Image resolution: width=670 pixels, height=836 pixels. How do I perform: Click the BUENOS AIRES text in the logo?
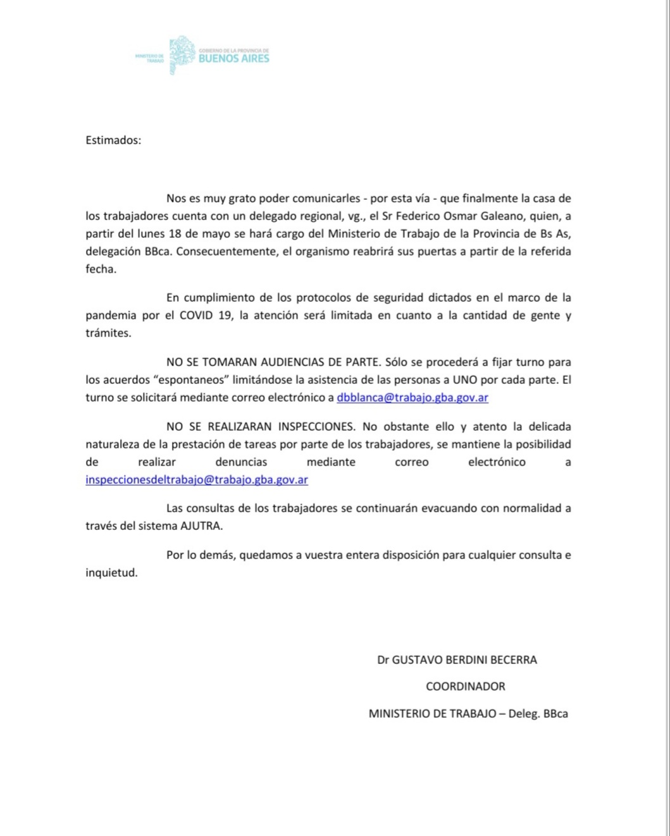click(x=233, y=59)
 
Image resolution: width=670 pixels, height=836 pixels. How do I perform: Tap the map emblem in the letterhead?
click(x=182, y=54)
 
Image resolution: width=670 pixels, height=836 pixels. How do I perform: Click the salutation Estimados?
click(x=113, y=140)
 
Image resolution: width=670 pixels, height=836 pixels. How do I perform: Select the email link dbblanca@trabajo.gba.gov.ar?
click(x=413, y=398)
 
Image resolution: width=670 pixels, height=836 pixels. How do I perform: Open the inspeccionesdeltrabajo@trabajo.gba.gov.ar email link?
click(x=197, y=480)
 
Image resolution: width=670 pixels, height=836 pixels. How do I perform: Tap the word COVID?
click(x=197, y=316)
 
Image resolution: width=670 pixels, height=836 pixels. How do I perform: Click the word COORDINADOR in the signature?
click(x=465, y=687)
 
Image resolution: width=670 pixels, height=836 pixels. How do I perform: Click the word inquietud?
click(x=111, y=574)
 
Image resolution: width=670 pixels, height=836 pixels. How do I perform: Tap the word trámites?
click(x=108, y=333)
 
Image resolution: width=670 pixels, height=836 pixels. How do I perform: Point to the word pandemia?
click(x=111, y=316)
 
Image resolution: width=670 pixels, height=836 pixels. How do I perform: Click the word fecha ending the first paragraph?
click(x=100, y=269)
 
